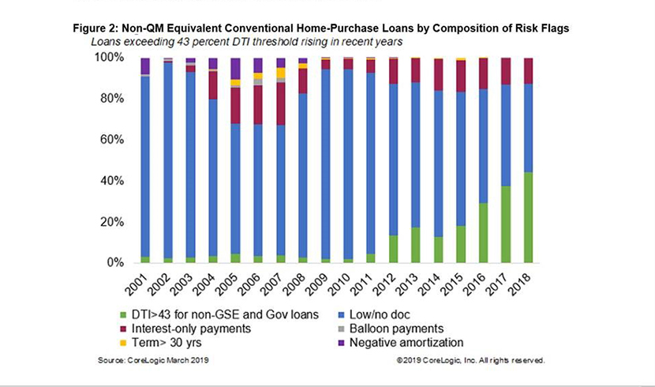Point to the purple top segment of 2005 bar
(235, 69)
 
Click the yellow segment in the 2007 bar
(281, 73)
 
